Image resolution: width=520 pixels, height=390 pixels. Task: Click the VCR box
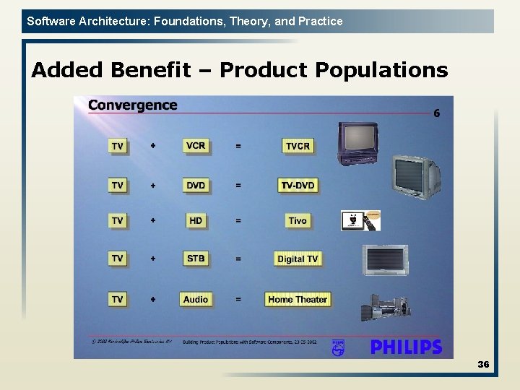(196, 146)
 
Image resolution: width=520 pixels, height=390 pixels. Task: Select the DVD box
(196, 186)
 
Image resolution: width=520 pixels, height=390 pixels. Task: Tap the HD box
(196, 220)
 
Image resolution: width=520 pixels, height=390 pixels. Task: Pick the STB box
(196, 258)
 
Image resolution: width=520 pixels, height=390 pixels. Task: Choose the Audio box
(196, 299)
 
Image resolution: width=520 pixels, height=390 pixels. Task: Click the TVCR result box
(298, 146)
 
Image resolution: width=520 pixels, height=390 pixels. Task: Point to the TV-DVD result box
(298, 186)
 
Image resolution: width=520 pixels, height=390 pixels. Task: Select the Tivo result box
(298, 220)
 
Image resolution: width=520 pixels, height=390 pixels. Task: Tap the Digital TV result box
(298, 259)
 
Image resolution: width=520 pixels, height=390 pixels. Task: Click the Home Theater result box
(298, 299)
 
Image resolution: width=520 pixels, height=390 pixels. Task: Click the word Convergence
(132, 105)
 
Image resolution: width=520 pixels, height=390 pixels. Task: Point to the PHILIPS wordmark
(406, 347)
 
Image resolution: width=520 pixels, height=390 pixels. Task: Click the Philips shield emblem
(338, 347)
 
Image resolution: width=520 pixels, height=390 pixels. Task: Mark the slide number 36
(483, 365)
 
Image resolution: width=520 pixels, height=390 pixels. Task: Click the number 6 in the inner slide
(436, 113)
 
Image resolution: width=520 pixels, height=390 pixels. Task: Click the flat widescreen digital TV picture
(385, 260)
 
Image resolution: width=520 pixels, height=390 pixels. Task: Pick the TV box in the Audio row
(117, 299)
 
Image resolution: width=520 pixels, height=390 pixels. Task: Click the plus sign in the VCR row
(152, 146)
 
